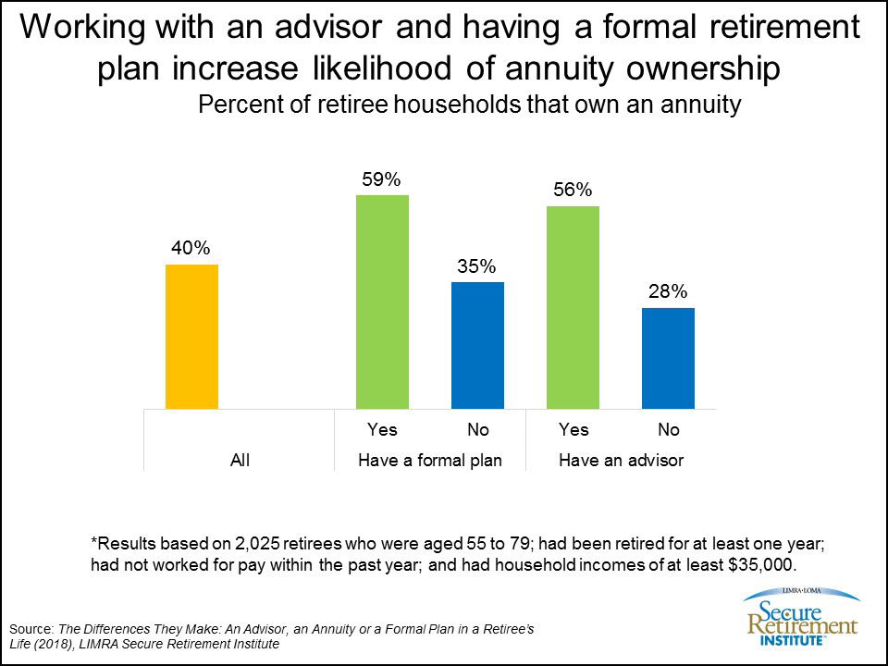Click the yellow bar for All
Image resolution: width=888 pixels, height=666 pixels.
tap(191, 337)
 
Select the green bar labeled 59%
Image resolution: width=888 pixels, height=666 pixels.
tap(382, 302)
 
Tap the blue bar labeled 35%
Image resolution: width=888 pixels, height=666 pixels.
tap(477, 345)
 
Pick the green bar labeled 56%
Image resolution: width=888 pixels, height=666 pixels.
tap(573, 307)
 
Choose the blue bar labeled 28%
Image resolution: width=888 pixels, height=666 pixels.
tap(668, 358)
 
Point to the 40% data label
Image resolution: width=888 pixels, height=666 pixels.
tap(191, 249)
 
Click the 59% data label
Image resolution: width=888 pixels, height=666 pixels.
tap(382, 179)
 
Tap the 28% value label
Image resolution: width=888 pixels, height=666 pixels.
tap(668, 292)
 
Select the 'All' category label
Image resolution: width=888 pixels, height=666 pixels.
tap(240, 460)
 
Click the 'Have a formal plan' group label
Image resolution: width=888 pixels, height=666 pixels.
tap(429, 460)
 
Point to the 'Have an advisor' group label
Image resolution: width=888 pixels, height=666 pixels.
tap(621, 460)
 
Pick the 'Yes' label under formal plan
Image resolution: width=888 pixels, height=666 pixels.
tap(382, 430)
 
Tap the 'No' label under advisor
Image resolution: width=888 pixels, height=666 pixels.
tap(668, 430)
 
